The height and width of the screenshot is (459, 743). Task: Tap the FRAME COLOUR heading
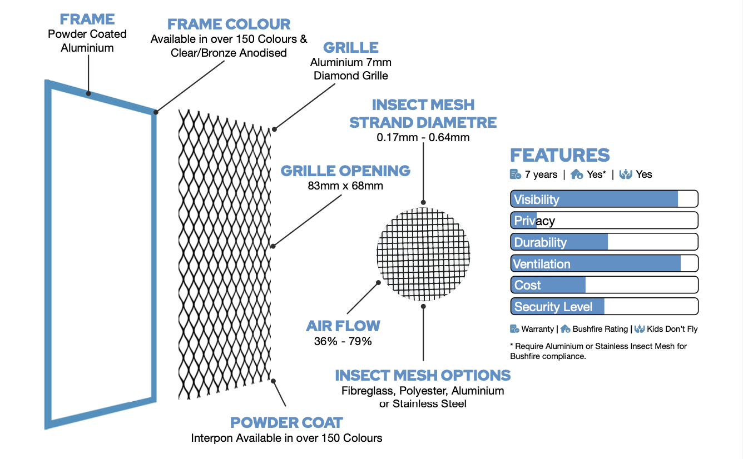(x=229, y=24)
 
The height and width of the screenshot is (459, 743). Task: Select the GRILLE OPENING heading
(x=345, y=171)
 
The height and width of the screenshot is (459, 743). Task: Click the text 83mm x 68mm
(x=345, y=186)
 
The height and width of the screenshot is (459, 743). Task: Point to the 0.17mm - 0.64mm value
(x=423, y=137)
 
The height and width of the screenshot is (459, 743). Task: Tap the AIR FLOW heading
(x=343, y=326)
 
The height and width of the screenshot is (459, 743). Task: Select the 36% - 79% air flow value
(x=343, y=341)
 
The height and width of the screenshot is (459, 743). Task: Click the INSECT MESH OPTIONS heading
(x=423, y=375)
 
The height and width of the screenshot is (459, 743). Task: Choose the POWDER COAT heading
(x=286, y=422)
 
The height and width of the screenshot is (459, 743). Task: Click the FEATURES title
(x=559, y=155)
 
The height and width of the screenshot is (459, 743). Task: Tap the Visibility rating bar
(x=604, y=199)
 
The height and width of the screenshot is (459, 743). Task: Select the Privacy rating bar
(x=604, y=221)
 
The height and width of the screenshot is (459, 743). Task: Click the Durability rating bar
(x=604, y=242)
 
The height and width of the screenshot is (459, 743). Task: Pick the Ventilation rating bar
(x=604, y=263)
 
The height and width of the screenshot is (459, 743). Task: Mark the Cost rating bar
(x=604, y=285)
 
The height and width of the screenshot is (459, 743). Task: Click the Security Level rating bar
(x=604, y=307)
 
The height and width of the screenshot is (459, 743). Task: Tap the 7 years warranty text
(x=541, y=174)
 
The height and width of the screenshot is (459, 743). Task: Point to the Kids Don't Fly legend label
(x=672, y=329)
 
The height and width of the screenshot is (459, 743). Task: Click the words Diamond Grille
(x=351, y=75)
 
